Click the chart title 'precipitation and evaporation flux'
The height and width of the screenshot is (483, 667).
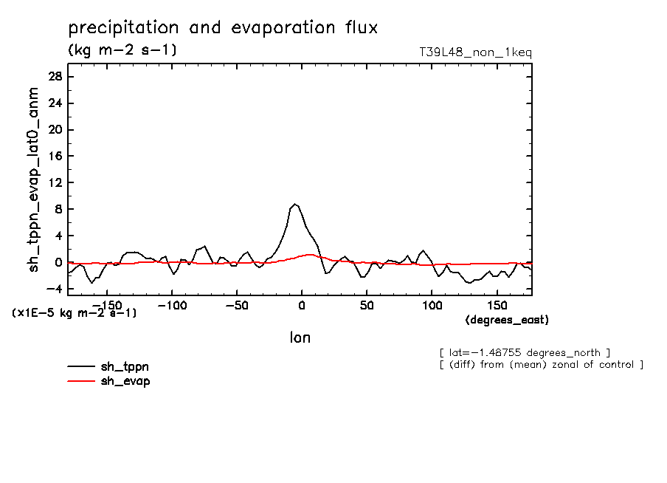[x=223, y=29]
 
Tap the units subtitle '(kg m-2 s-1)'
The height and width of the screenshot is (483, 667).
[x=122, y=50]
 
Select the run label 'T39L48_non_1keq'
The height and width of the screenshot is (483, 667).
[x=474, y=52]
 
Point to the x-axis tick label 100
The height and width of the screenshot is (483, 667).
[x=432, y=305]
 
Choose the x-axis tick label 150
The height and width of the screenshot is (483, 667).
[x=497, y=305]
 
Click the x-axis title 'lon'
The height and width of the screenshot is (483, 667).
[x=300, y=338]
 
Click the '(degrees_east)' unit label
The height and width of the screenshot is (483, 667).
[x=508, y=320]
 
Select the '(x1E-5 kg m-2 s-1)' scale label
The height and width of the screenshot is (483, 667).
[x=74, y=313]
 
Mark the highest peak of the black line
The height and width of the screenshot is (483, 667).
[x=295, y=204]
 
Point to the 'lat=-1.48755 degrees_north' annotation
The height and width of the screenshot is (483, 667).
[x=524, y=352]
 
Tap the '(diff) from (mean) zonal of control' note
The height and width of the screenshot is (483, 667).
[x=541, y=365]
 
